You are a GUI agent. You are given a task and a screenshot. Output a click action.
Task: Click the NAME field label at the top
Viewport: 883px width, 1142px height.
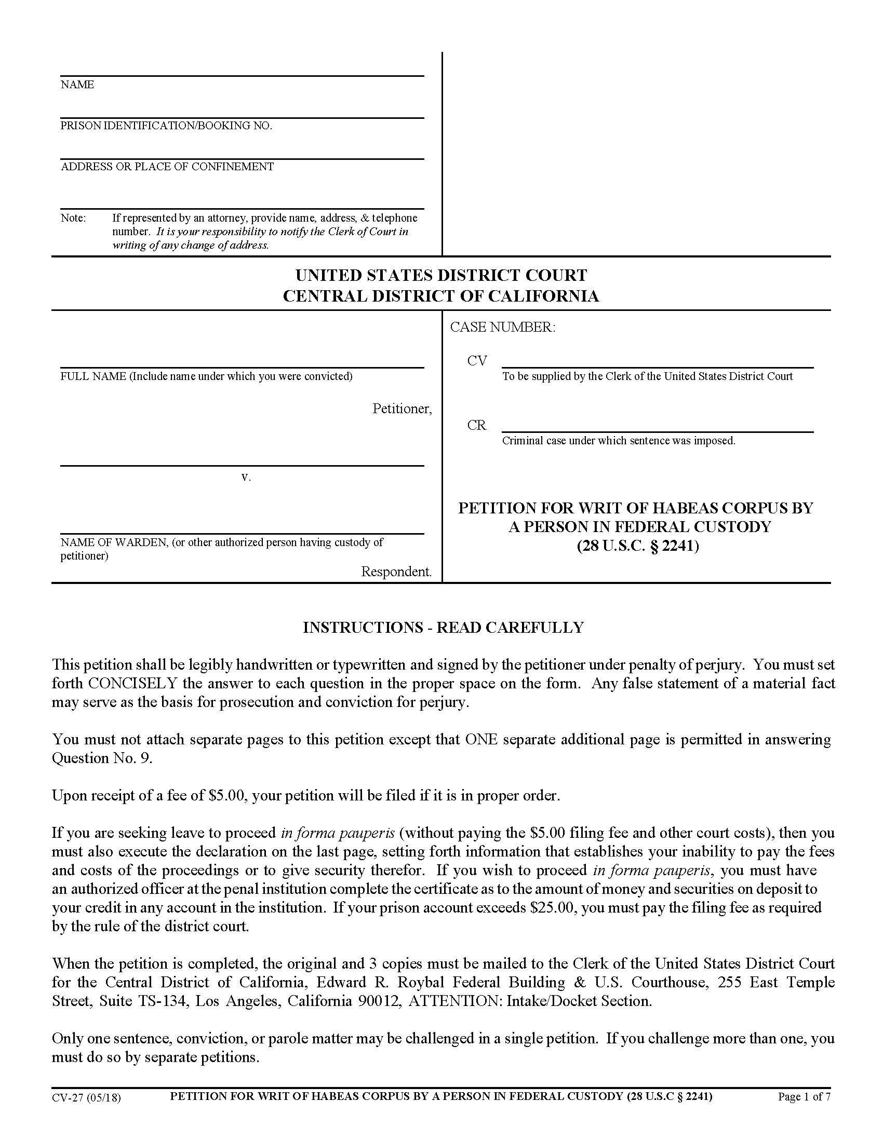(77, 85)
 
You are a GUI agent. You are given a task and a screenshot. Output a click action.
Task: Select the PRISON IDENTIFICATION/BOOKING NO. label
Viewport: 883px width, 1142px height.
(166, 126)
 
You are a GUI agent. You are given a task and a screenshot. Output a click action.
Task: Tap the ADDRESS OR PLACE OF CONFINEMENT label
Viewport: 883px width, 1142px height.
(167, 167)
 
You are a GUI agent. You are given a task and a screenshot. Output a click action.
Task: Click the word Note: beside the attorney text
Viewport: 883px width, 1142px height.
(73, 218)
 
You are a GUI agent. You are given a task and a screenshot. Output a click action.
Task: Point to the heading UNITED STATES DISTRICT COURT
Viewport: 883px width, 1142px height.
(441, 275)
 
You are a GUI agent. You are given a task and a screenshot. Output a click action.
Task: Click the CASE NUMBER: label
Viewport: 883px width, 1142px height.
(502, 328)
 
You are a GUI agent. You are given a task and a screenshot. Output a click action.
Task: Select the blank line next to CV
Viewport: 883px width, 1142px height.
(657, 364)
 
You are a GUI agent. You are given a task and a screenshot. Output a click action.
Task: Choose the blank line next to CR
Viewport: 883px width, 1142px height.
(657, 428)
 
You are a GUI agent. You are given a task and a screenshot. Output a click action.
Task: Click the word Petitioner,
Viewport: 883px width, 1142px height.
(402, 409)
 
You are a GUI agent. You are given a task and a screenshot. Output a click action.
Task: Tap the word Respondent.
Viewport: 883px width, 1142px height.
(396, 572)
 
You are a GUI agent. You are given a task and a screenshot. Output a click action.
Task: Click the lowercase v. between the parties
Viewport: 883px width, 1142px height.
(246, 477)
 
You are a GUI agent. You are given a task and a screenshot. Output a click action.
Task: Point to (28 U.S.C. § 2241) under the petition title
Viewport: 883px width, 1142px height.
(638, 546)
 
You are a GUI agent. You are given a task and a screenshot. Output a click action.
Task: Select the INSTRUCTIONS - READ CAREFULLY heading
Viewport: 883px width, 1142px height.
(443, 628)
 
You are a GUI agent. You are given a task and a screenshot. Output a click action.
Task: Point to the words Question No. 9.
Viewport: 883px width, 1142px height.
(102, 758)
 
